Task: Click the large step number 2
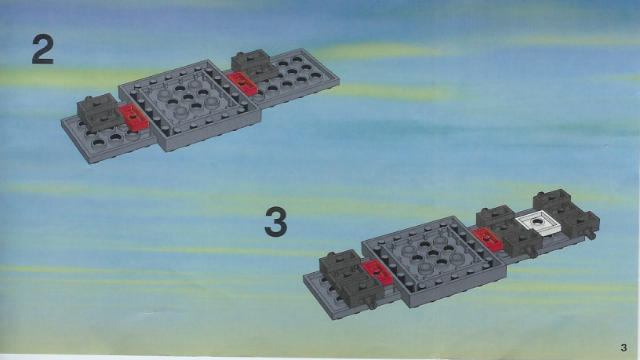tap(43, 49)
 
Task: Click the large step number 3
tap(276, 222)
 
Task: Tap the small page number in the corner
tap(624, 347)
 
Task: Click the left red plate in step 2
tap(133, 118)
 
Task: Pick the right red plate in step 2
tap(242, 84)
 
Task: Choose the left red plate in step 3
tap(376, 272)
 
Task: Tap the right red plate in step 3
tap(487, 239)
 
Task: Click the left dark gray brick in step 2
tap(98, 111)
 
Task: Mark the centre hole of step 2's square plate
tap(187, 97)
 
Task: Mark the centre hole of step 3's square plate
tap(433, 254)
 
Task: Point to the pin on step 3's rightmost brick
tap(591, 235)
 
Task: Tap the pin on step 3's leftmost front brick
tap(371, 304)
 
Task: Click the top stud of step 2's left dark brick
tap(89, 99)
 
